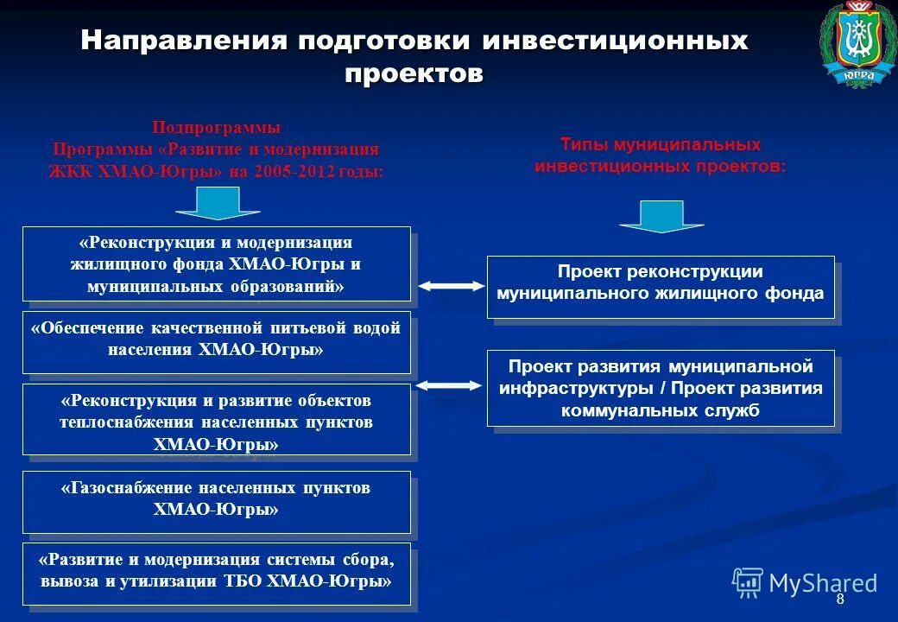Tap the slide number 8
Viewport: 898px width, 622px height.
tap(839, 600)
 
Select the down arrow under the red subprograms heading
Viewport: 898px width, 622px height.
tap(217, 203)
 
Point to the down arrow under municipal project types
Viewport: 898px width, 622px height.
tap(662, 216)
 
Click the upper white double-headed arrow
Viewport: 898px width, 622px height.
tap(451, 285)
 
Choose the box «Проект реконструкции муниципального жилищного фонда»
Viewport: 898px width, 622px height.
tap(661, 287)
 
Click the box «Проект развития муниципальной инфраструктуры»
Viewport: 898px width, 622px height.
tap(661, 388)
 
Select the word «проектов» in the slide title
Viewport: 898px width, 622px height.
tap(414, 73)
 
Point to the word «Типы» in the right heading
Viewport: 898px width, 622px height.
tap(583, 144)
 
